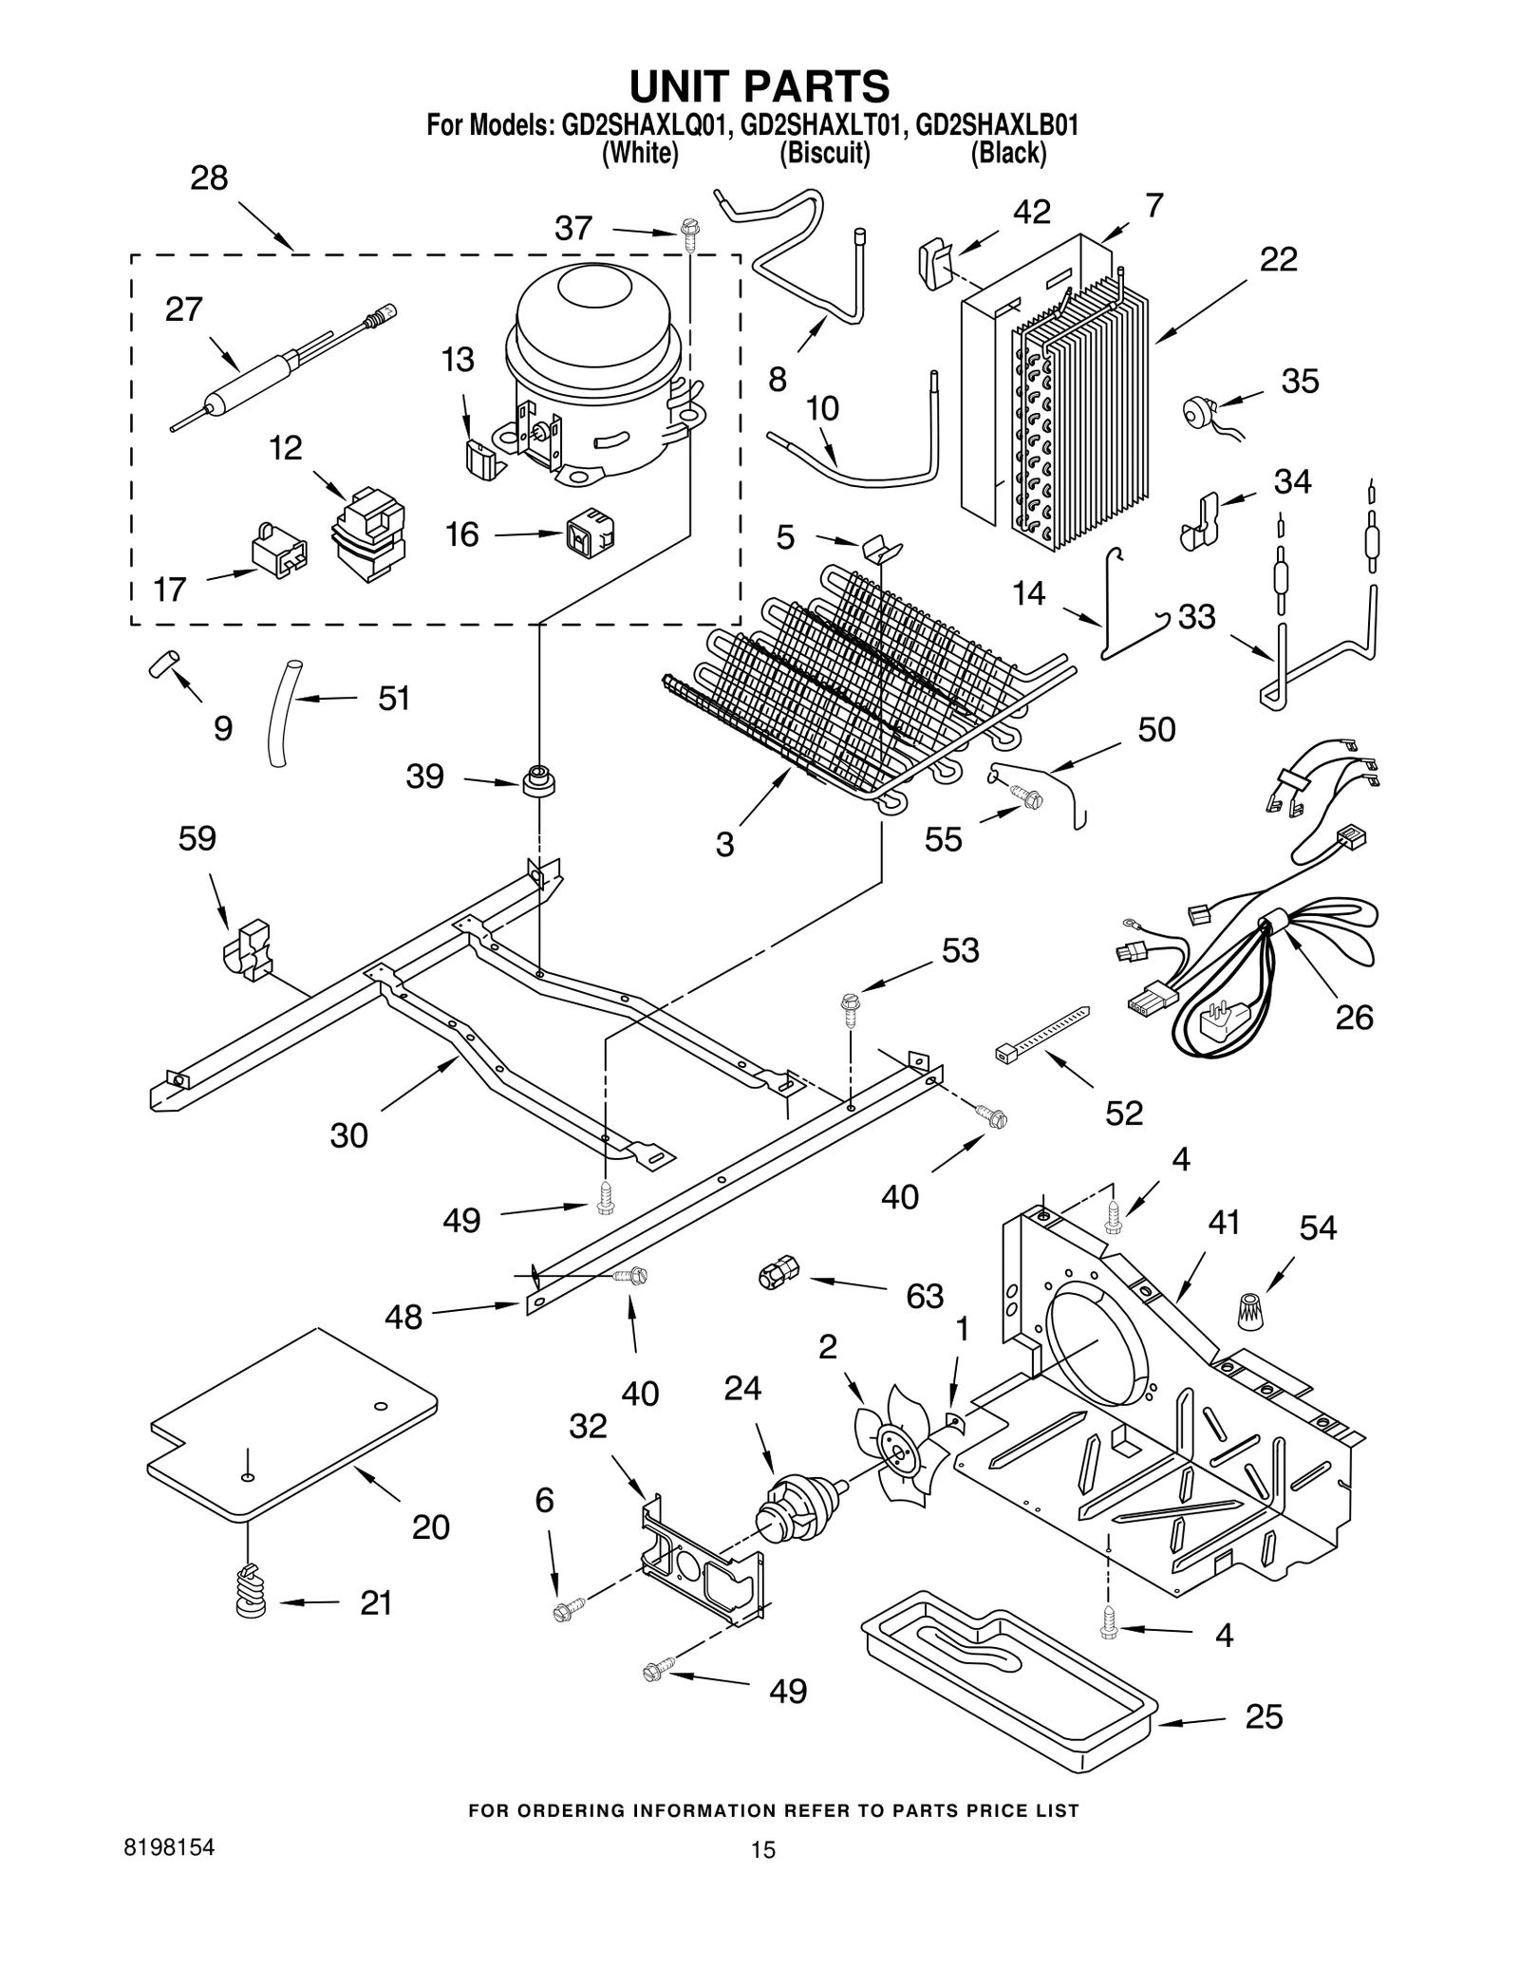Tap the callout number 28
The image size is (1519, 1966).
[209, 178]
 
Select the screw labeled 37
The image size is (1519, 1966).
[689, 234]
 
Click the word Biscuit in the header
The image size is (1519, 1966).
[824, 154]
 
